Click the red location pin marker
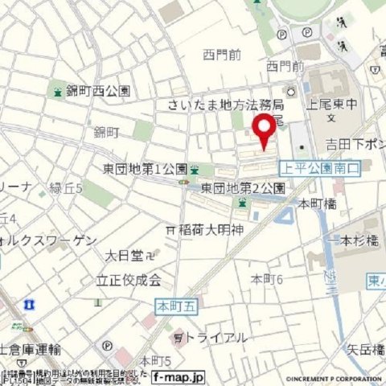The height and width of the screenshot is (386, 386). click(x=263, y=131)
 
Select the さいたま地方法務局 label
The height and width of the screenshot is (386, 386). click(x=226, y=105)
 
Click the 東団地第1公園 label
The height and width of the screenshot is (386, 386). click(x=146, y=170)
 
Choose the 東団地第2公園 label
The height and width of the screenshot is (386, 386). click(x=243, y=188)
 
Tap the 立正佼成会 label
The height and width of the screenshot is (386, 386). click(x=129, y=281)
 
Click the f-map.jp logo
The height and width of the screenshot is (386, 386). click(x=178, y=376)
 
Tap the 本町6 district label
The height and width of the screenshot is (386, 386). click(x=267, y=279)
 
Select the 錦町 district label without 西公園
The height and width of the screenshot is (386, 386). click(x=106, y=131)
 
